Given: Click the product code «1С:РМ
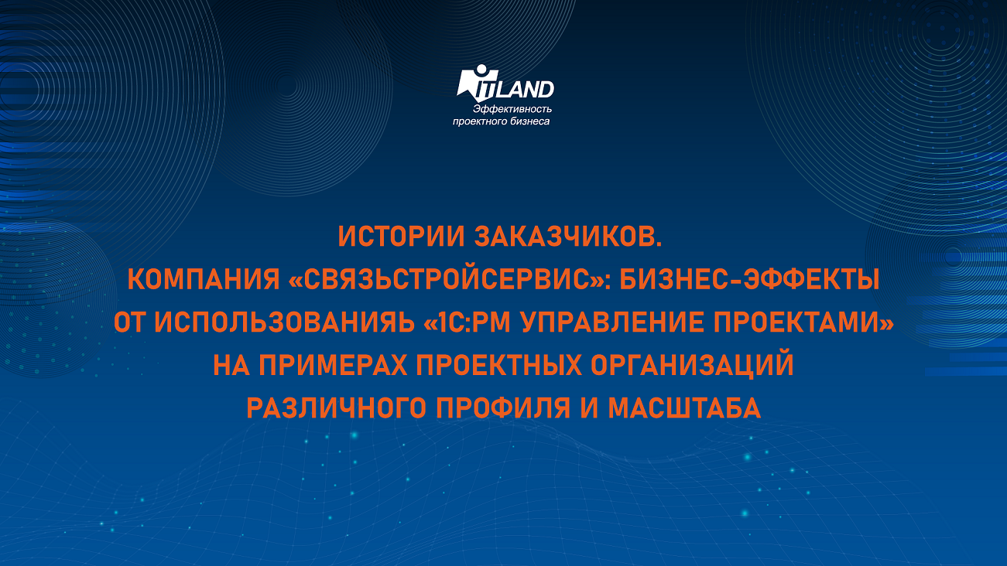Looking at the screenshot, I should (474, 322).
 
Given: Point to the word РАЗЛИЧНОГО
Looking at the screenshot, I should (344, 407).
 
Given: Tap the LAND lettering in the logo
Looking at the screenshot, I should (530, 90).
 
